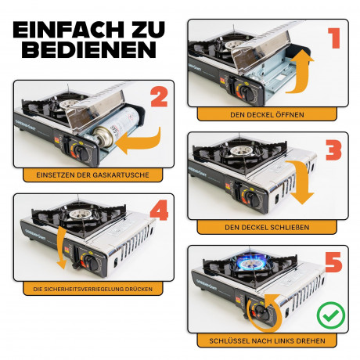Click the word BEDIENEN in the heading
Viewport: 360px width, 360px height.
tap(88, 49)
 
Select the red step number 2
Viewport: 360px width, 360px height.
tap(159, 97)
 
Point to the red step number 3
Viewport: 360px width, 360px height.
tap(333, 150)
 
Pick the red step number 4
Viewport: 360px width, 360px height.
tap(159, 210)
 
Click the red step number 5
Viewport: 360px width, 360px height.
tap(333, 262)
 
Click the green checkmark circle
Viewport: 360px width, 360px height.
tap(331, 315)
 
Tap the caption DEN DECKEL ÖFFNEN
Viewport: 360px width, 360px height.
tap(267, 115)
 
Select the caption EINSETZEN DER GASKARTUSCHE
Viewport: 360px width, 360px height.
tap(92, 175)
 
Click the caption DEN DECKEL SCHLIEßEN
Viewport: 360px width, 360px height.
tap(267, 227)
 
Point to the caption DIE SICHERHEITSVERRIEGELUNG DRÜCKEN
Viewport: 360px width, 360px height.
tap(92, 289)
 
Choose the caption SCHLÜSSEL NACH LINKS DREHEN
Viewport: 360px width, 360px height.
tap(267, 340)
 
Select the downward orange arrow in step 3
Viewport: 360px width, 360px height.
tap(300, 182)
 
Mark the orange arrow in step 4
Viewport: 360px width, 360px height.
tap(61, 248)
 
